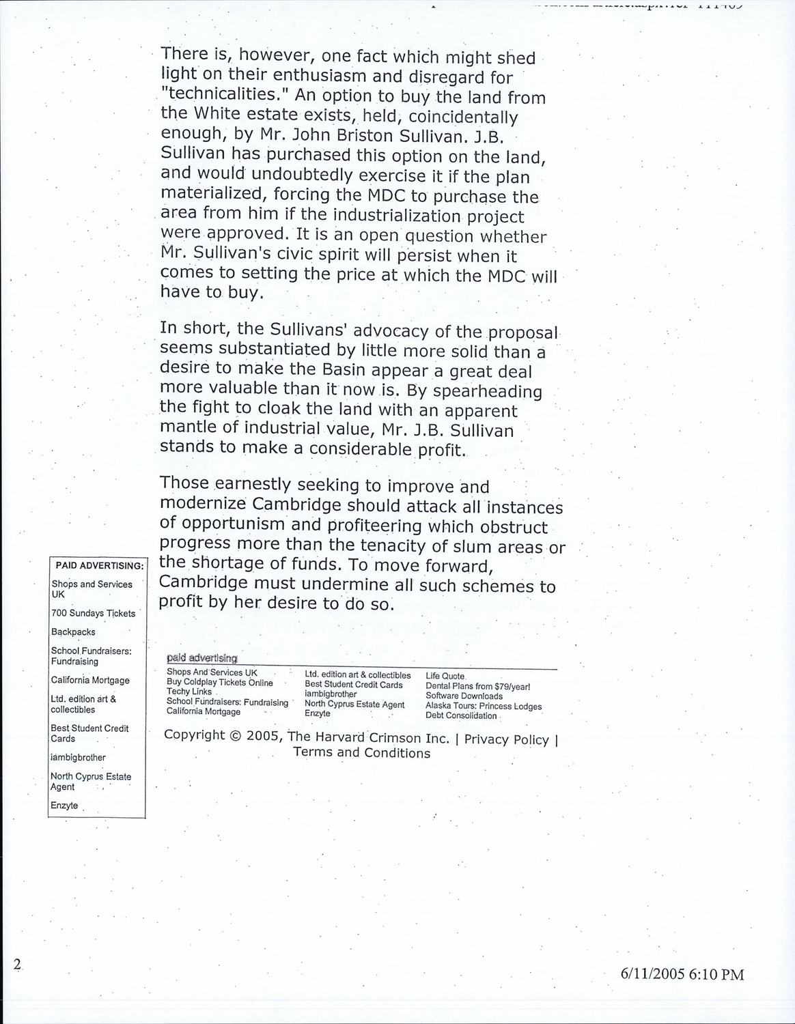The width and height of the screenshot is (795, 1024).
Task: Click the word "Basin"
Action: point(341,371)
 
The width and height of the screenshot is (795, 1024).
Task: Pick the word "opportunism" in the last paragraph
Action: point(232,524)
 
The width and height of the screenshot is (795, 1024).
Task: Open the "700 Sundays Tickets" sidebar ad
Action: point(93,613)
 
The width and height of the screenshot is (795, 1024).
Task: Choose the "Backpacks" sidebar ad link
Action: point(73,632)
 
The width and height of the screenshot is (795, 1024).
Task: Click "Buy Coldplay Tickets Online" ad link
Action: point(219,683)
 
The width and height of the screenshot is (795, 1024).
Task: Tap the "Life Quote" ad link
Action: point(445,676)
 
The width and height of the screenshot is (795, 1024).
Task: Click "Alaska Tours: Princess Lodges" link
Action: point(483,706)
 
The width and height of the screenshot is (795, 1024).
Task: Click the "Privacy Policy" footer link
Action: point(506,739)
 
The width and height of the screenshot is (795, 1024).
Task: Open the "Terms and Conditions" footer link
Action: point(361,752)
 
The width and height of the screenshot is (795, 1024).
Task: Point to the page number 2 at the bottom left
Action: point(16,964)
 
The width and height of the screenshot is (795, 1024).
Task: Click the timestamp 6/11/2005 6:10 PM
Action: point(681,974)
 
